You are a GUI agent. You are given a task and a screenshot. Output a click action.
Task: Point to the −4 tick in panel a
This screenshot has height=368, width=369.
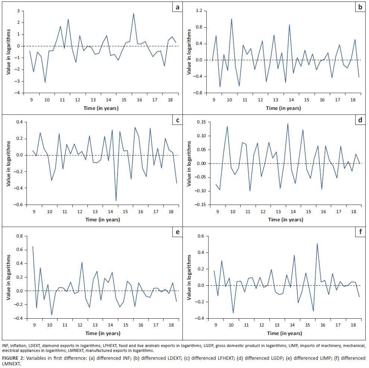tap(17, 93)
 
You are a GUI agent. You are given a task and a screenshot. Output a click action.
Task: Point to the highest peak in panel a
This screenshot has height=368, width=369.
tap(134, 13)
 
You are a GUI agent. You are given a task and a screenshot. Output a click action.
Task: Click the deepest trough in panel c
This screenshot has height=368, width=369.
tap(116, 201)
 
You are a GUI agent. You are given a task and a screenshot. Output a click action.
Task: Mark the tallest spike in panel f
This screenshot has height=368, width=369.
tap(317, 243)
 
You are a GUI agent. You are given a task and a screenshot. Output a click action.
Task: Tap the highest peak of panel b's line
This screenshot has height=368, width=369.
tap(231, 19)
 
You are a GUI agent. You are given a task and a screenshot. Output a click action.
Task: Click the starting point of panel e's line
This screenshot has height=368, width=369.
tap(32, 246)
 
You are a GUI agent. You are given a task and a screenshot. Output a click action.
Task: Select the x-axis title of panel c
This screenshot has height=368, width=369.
tap(103, 220)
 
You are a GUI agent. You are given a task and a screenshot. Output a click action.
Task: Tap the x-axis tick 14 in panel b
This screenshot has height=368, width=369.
tap(290, 100)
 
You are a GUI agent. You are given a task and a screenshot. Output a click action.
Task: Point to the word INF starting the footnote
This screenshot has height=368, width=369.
tap(6, 346)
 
